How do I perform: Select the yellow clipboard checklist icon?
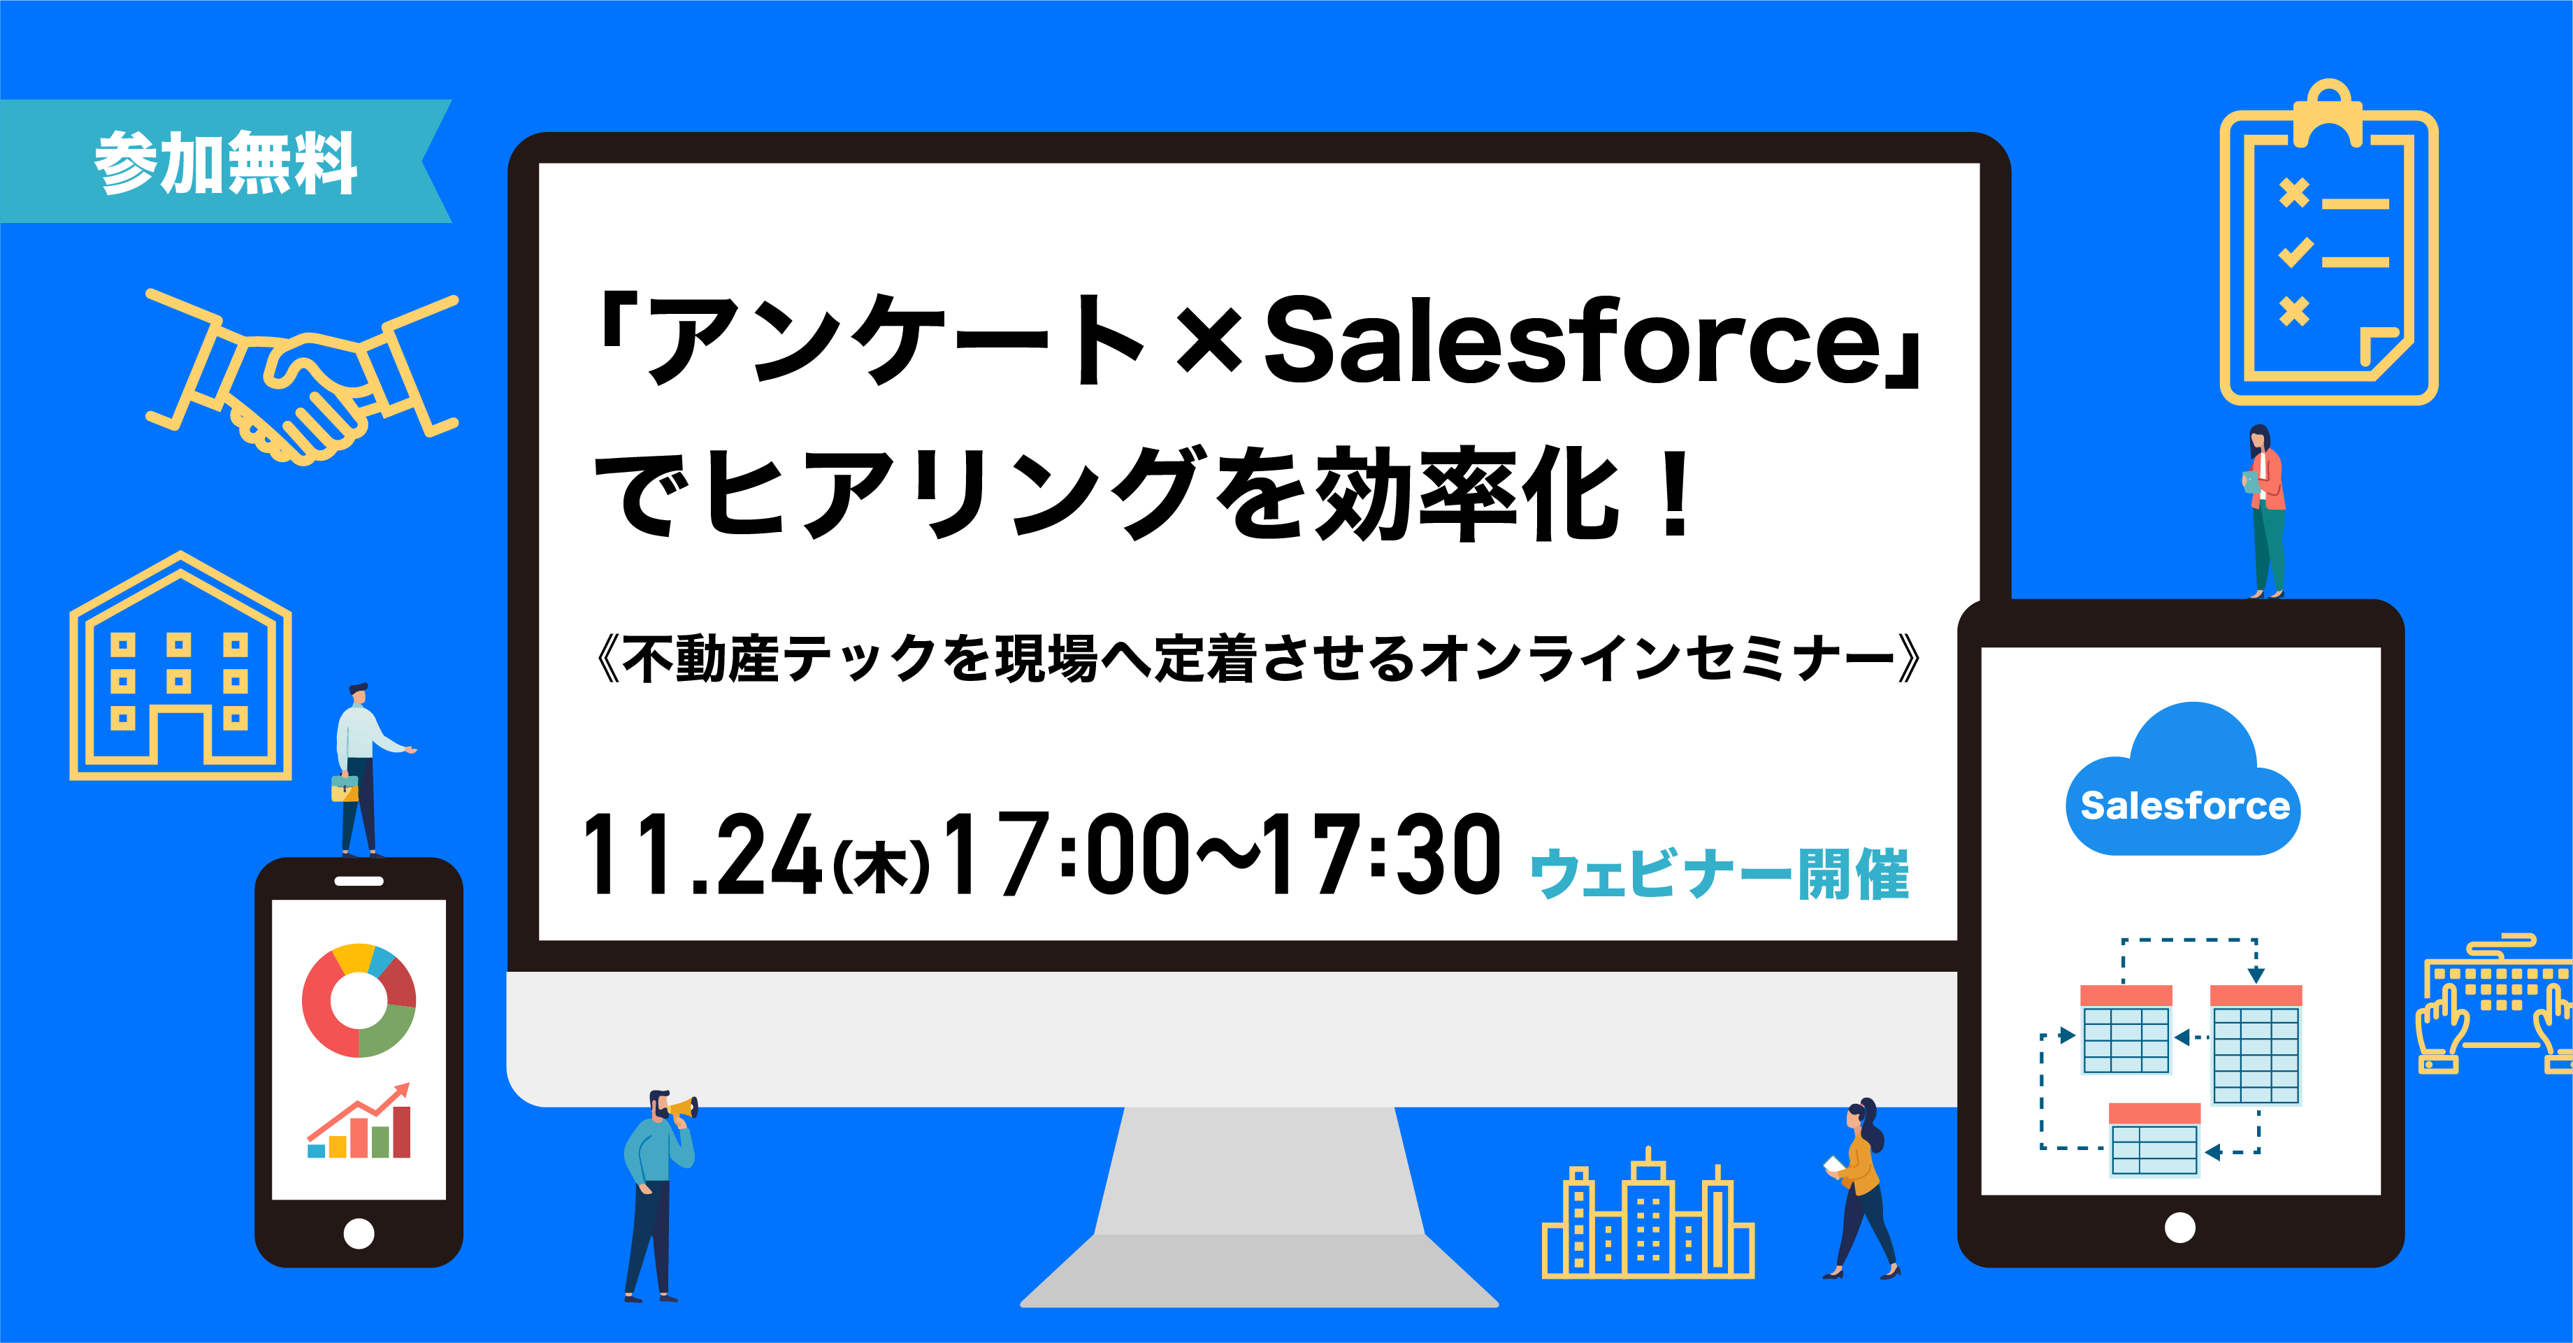coord(2328,242)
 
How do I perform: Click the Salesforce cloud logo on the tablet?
coord(2184,780)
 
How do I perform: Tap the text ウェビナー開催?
coord(1719,875)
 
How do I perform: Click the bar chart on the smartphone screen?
coord(359,1121)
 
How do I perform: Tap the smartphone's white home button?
coord(359,1234)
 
